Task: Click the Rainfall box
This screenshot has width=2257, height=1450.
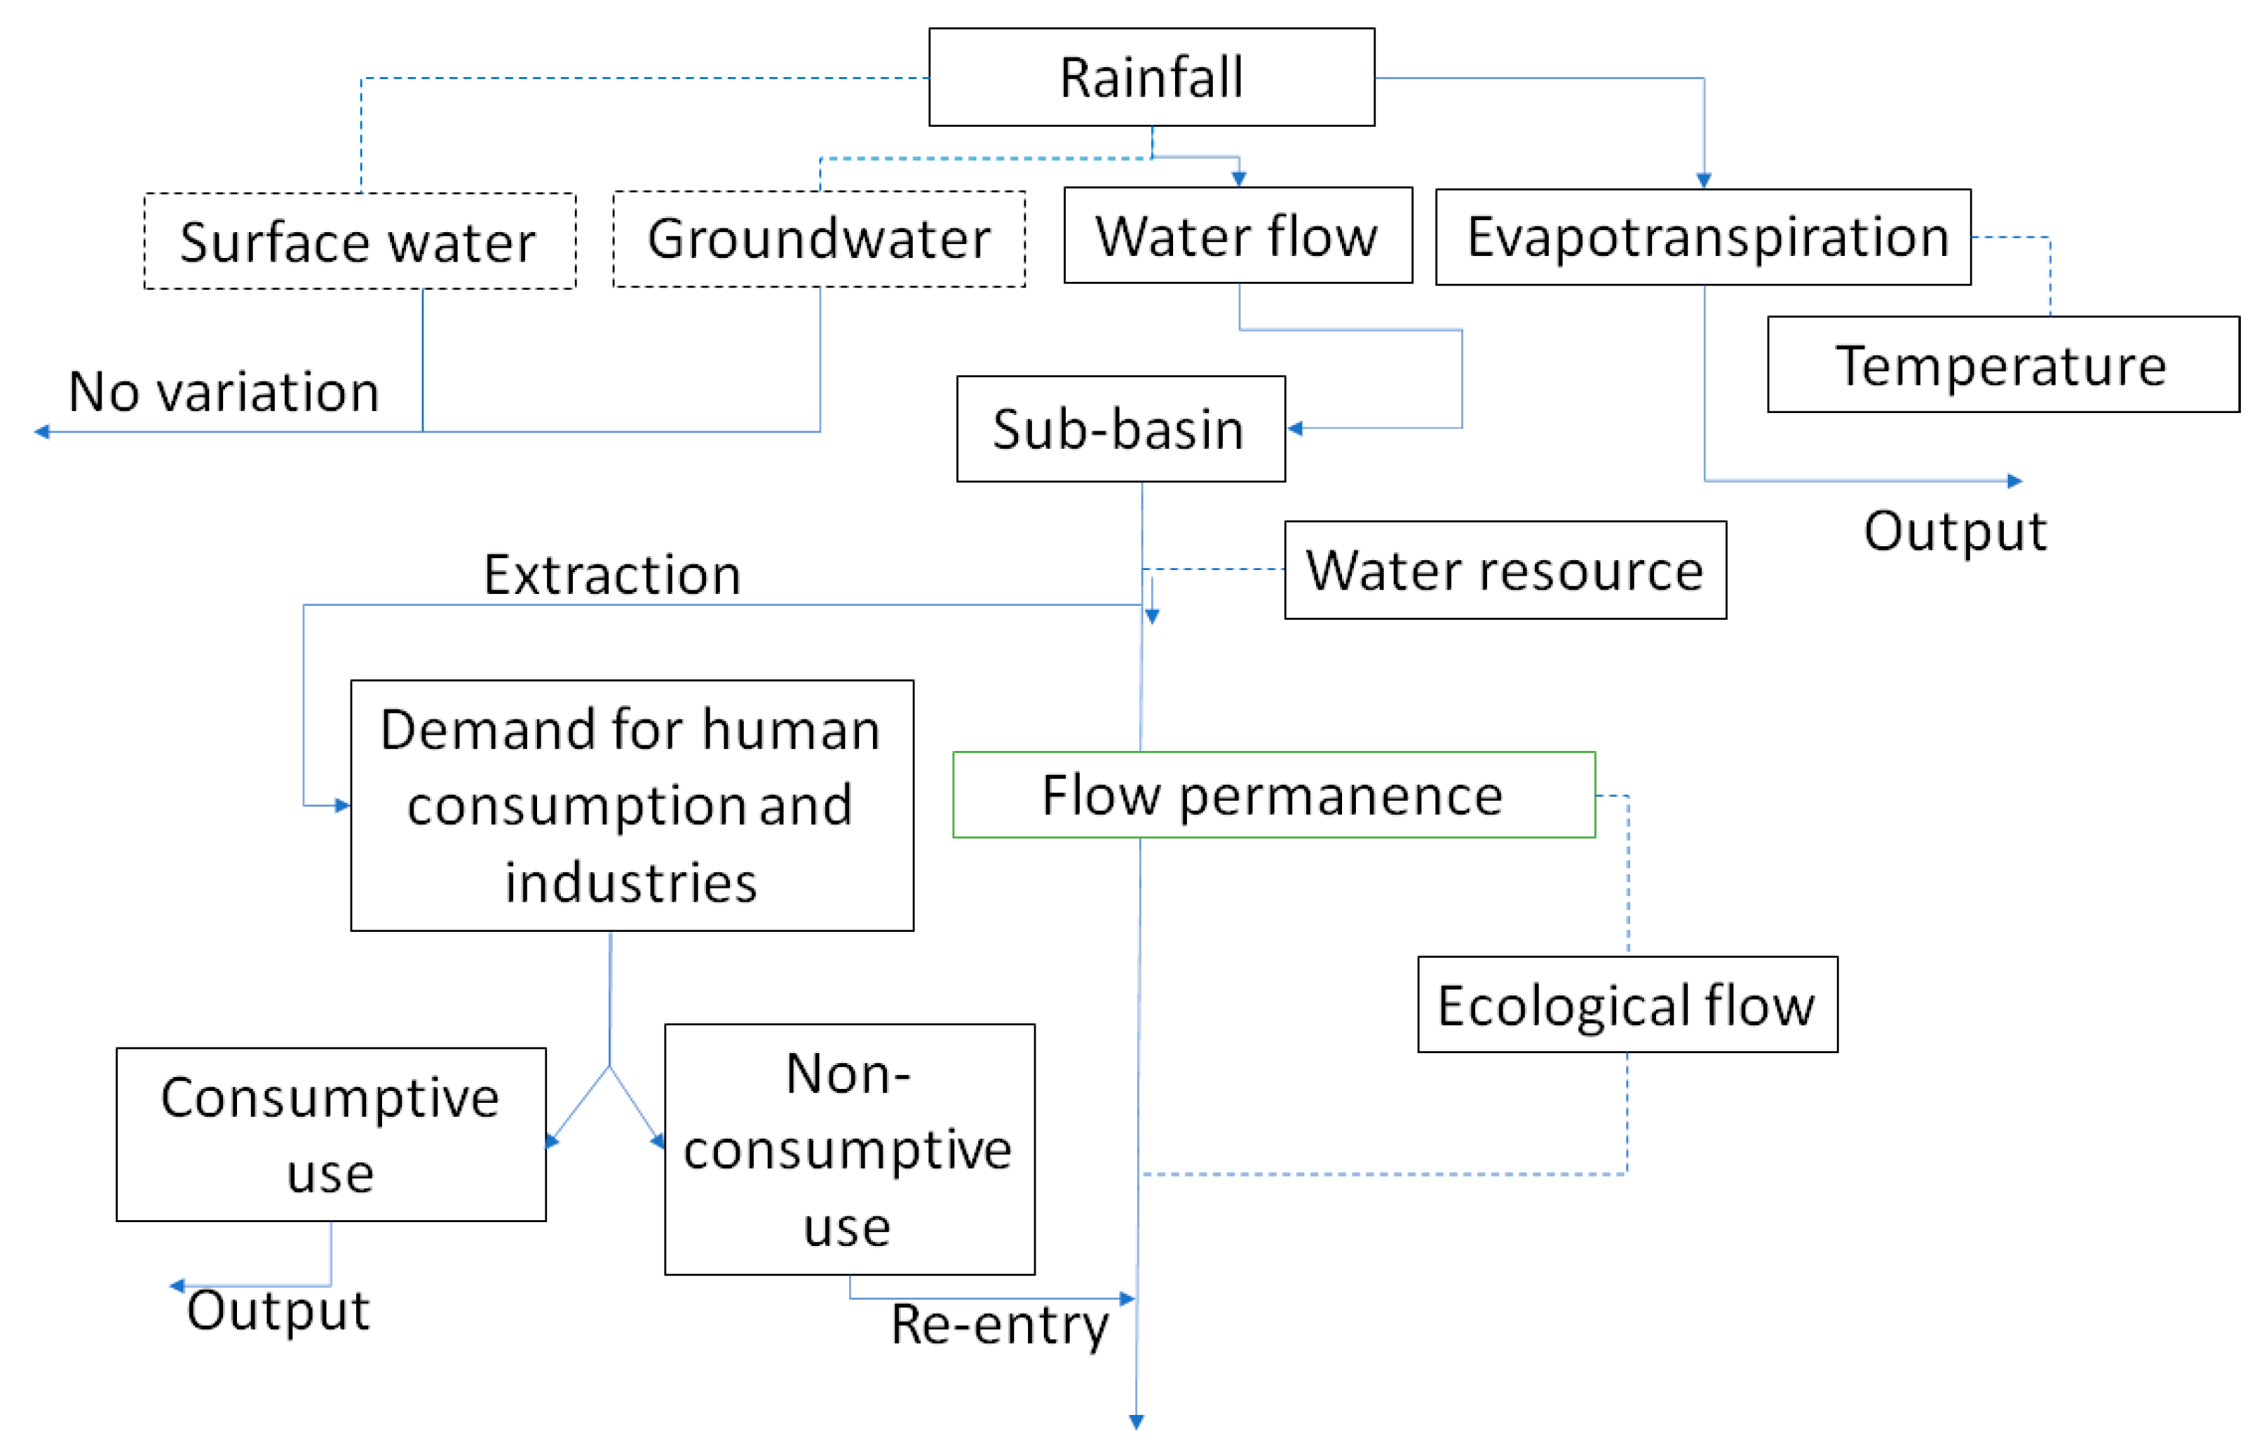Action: (1151, 77)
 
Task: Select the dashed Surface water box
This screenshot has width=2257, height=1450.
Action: (359, 241)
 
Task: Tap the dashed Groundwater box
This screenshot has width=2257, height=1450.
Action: (818, 238)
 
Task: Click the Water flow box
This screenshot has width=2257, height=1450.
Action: (1238, 236)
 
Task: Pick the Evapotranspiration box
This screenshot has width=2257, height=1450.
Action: (1702, 236)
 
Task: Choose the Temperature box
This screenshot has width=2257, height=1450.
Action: (2002, 365)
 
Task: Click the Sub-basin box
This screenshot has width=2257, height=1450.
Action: (1120, 428)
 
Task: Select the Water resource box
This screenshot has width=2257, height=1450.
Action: (1505, 569)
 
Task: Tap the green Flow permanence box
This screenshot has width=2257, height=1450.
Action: (1273, 794)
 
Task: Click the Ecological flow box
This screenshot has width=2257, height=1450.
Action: (1626, 1005)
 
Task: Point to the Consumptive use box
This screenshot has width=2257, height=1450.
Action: (330, 1134)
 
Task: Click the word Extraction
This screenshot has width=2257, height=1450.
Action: (612, 574)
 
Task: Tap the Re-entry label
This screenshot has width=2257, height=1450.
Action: (999, 1324)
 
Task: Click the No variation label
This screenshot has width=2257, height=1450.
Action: (224, 392)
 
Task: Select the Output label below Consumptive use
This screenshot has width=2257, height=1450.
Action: (278, 1310)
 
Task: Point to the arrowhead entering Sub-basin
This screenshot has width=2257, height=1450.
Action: (1295, 428)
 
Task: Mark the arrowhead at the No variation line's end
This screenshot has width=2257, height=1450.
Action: (41, 432)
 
